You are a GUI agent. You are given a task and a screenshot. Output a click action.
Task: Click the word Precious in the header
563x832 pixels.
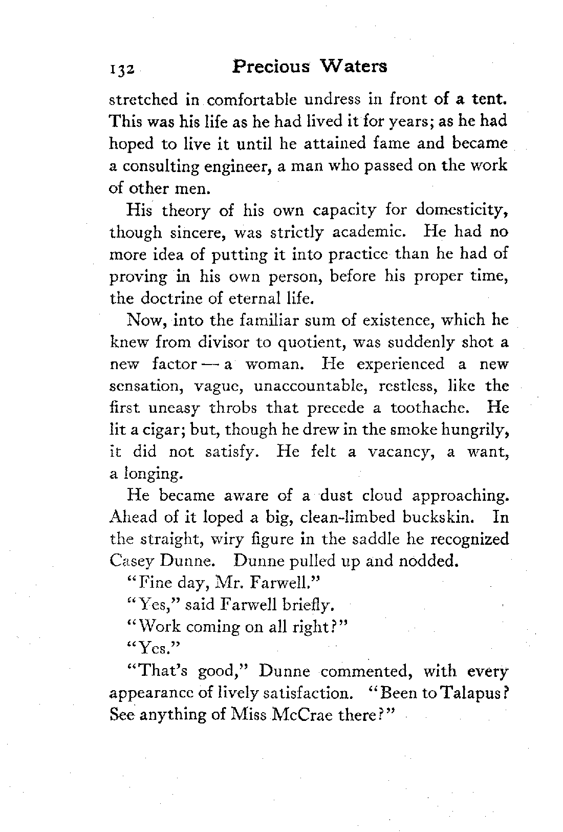pyautogui.click(x=271, y=67)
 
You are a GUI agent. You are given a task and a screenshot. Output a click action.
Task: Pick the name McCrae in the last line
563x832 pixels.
pyautogui.click(x=307, y=715)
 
